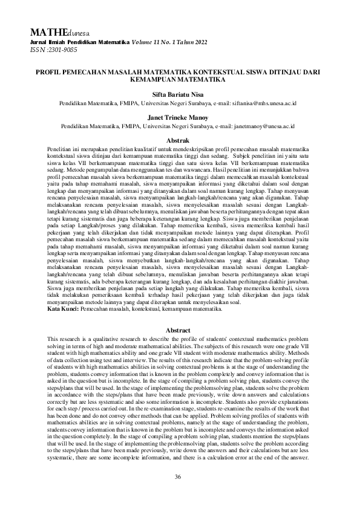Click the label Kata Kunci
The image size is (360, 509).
coord(64,309)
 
